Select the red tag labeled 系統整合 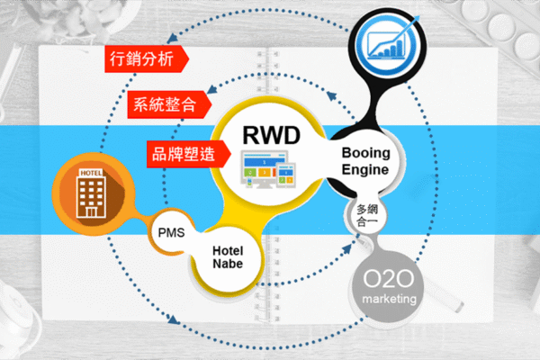(x=163, y=104)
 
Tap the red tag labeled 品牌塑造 (x=181, y=152)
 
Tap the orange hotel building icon (x=90, y=190)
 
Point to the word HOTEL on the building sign (x=91, y=172)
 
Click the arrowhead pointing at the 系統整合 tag (x=210, y=91)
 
